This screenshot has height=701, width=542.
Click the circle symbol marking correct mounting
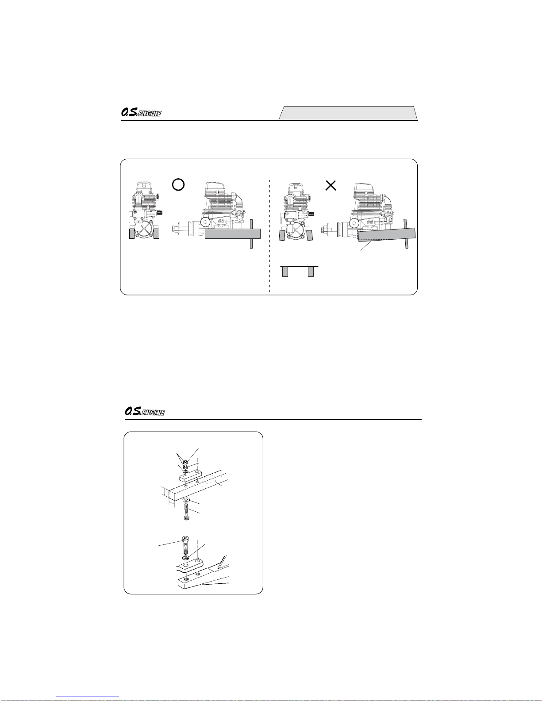[178, 184]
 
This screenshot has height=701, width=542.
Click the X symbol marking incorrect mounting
[331, 185]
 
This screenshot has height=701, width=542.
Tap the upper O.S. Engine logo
[141, 112]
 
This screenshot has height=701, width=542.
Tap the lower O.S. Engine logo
[145, 411]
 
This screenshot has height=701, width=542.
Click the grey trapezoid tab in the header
[348, 113]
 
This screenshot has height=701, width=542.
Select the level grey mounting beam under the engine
[233, 234]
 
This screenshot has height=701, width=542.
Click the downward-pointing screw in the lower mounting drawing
[185, 545]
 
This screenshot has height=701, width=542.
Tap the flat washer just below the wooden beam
[185, 500]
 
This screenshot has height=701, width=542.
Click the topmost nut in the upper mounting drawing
[186, 463]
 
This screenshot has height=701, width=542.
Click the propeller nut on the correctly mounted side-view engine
[175, 229]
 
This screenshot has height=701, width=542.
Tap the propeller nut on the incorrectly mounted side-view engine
[324, 230]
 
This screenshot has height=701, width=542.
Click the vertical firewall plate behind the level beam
[251, 234]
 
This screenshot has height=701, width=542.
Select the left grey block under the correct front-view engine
[132, 234]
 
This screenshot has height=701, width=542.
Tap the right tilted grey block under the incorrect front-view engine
[310, 235]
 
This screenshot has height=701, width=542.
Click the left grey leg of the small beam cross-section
[285, 271]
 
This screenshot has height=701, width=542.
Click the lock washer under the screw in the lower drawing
[185, 558]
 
